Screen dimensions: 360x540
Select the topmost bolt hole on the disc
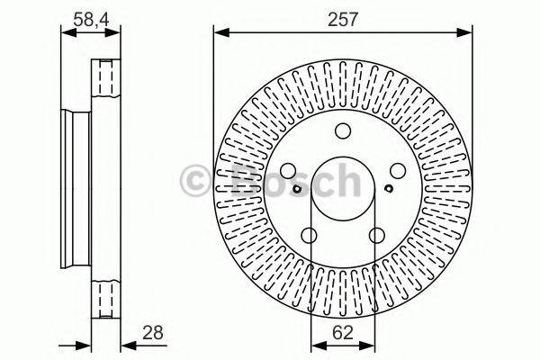pos(343,130)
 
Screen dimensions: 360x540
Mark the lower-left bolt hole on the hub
pos(310,235)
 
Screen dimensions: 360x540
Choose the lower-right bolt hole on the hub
pos(377,235)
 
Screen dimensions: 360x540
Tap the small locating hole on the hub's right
pos(388,188)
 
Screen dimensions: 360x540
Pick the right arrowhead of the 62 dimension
pos(370,343)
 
